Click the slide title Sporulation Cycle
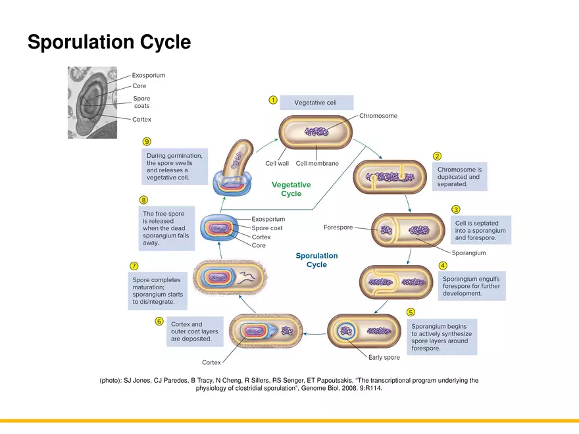[x=109, y=43]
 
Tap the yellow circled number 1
[x=272, y=100]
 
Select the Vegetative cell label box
[x=316, y=103]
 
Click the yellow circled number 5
[x=411, y=312]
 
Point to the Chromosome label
[x=378, y=116]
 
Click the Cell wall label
[x=277, y=163]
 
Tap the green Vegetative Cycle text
[x=291, y=189]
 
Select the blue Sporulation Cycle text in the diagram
[x=316, y=260]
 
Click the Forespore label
[x=338, y=228]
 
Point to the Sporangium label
[x=468, y=253]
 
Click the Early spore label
[x=384, y=357]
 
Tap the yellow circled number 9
[x=147, y=141]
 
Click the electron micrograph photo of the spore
[x=92, y=102]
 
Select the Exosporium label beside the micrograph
[x=148, y=75]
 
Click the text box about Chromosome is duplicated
[x=461, y=177]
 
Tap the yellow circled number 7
[x=134, y=266]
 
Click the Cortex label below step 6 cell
[x=211, y=362]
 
